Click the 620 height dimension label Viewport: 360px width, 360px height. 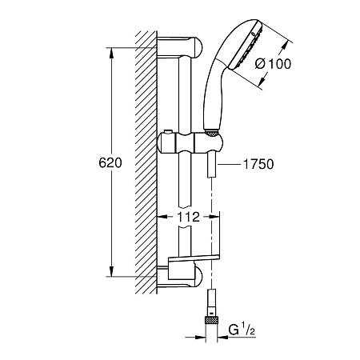pyautogui.click(x=110, y=162)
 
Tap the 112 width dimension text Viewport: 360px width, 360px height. pyautogui.click(x=188, y=217)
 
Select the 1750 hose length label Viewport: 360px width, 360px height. pyautogui.click(x=258, y=164)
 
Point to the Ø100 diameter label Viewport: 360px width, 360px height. pyautogui.click(x=273, y=64)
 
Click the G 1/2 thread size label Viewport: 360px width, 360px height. pyautogui.click(x=242, y=330)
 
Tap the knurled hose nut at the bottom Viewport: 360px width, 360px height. pyautogui.click(x=211, y=320)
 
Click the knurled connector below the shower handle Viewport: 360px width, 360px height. pyautogui.click(x=211, y=133)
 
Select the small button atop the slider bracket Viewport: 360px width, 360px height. pyautogui.click(x=168, y=132)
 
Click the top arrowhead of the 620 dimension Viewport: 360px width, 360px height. pyautogui.click(x=111, y=53)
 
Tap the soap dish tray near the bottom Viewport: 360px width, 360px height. pyautogui.click(x=194, y=258)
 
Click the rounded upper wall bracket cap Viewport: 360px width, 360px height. pyautogui.click(x=198, y=48)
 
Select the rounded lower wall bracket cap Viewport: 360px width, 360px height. pyautogui.click(x=198, y=277)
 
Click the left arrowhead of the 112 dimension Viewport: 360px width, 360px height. pyautogui.click(x=162, y=217)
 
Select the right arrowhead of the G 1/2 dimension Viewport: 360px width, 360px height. pyautogui.click(x=223, y=338)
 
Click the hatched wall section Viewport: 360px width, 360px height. pyautogui.click(x=146, y=162)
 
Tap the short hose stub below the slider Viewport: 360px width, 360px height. pyautogui.click(x=211, y=166)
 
